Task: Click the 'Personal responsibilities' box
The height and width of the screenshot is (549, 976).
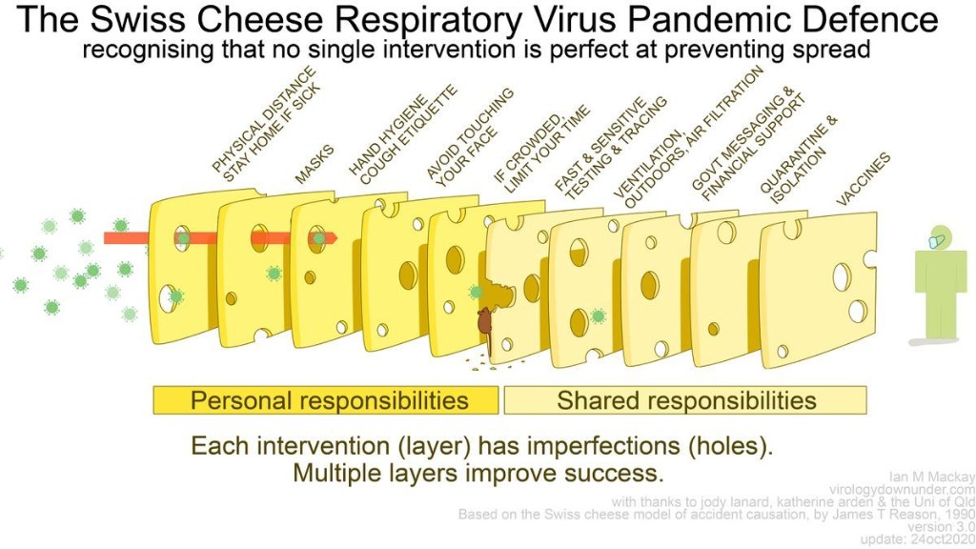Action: point(326,400)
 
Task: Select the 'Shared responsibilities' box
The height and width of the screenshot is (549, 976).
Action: point(685,400)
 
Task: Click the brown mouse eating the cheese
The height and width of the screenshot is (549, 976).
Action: point(485,324)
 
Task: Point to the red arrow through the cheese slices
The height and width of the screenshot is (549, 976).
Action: point(219,237)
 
